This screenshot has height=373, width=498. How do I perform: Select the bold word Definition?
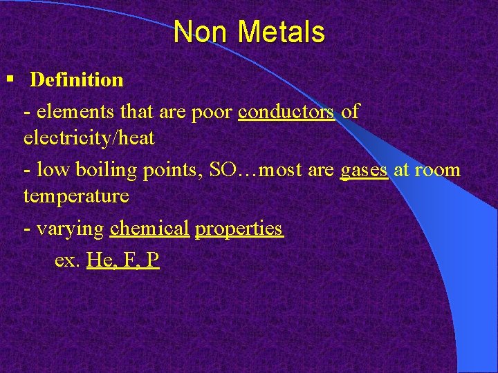tap(77, 80)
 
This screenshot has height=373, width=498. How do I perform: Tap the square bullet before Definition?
tap(10, 79)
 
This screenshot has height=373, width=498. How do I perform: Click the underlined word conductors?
tap(286, 111)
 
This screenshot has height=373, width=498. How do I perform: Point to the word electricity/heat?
tap(89, 138)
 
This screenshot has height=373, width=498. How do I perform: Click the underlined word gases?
tap(364, 169)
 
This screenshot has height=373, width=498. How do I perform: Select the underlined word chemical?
tap(149, 228)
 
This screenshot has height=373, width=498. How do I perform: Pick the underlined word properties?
tap(239, 229)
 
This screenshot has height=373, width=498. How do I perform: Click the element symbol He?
tap(99, 260)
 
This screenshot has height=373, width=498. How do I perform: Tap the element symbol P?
tap(153, 260)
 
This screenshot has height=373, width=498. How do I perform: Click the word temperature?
tap(76, 196)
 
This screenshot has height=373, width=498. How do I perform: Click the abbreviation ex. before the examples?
tap(66, 260)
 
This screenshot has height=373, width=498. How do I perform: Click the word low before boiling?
tap(50, 169)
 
